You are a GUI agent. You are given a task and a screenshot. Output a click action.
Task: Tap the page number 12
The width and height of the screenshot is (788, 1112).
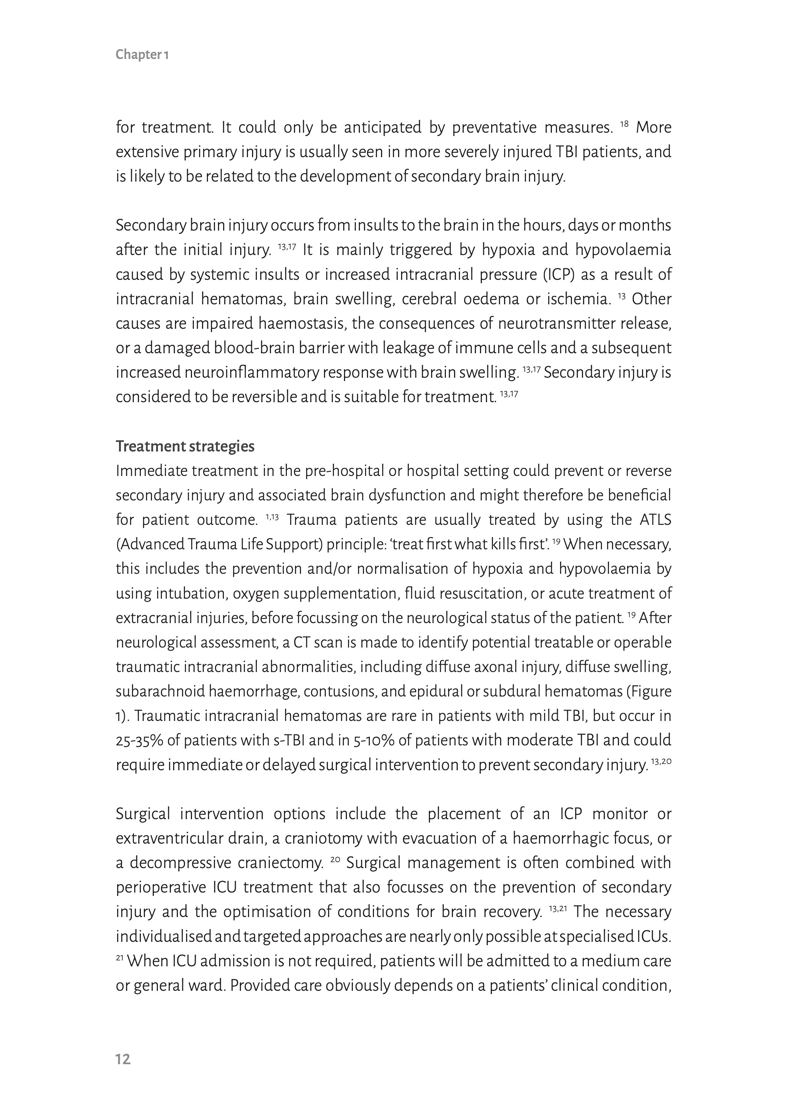pos(123,1059)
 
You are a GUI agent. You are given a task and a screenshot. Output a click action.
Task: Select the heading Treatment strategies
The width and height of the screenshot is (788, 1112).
pos(185,446)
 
